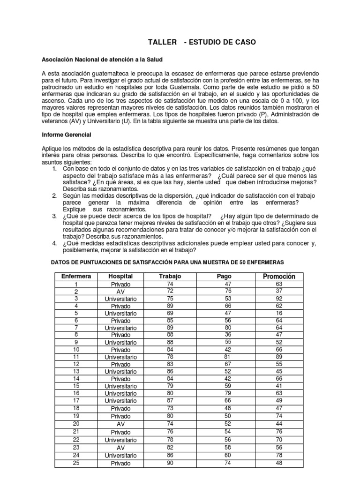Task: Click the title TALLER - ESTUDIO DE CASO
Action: [202, 43]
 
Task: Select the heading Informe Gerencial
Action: [66, 135]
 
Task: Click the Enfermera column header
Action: [75, 276]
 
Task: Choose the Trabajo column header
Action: [170, 276]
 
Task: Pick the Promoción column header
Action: [279, 276]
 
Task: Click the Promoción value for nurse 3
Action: [279, 298]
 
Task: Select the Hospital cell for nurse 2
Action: [120, 291]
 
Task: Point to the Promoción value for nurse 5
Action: [279, 313]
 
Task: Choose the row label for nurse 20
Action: [75, 424]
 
